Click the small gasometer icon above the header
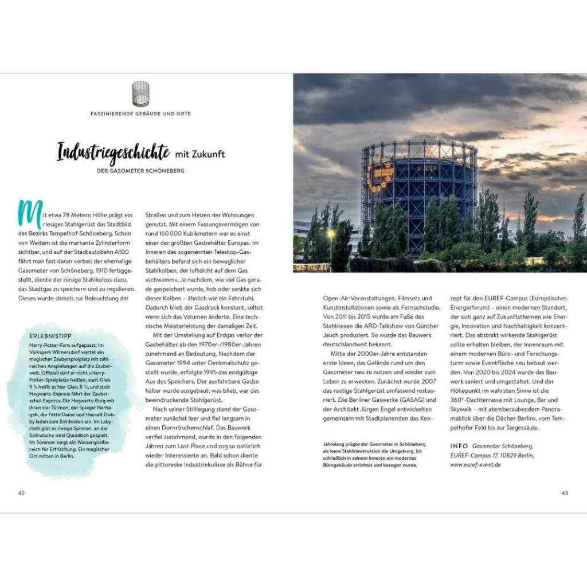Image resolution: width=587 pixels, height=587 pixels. (140, 93)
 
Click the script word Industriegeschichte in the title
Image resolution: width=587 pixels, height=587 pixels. (114, 153)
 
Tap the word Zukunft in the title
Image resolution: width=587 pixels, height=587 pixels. (209, 154)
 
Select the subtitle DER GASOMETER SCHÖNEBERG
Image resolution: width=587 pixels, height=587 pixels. (140, 171)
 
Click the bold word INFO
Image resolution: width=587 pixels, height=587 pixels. (460, 445)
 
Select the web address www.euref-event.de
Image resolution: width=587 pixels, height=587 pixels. (475, 464)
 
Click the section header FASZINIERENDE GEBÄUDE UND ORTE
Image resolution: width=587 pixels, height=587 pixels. (140, 114)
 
